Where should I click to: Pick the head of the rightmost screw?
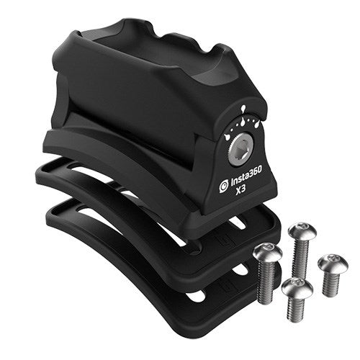[333, 263]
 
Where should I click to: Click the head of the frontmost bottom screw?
[297, 288]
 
